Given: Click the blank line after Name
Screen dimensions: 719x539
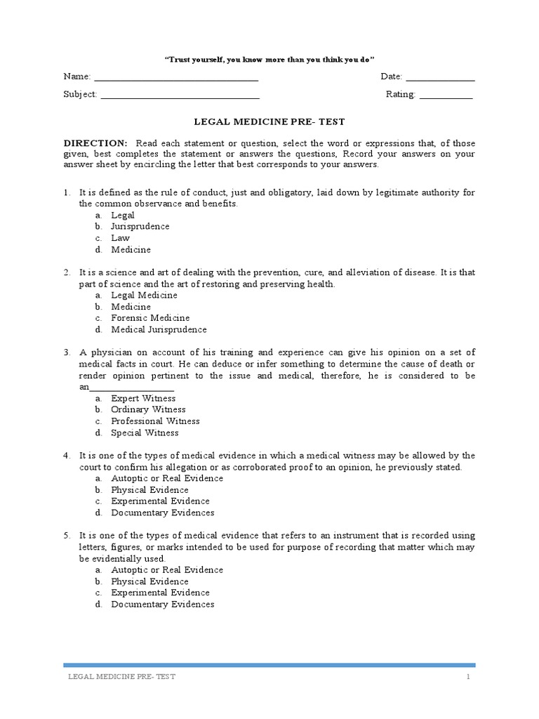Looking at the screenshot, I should point(176,77).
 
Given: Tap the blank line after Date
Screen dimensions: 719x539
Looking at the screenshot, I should point(440,77).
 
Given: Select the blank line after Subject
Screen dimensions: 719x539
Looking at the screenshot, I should point(180,95).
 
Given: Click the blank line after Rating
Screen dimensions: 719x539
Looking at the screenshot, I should point(446,95).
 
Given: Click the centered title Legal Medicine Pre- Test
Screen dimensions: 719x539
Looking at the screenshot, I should point(269,121).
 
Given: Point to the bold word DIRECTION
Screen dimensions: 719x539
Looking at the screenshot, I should point(95,143).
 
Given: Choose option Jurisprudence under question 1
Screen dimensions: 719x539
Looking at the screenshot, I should point(140,227).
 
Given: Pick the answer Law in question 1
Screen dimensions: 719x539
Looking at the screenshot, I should point(120,238).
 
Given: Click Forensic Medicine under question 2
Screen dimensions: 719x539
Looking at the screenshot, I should point(150,318).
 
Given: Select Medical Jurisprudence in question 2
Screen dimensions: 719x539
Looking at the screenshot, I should point(159,329).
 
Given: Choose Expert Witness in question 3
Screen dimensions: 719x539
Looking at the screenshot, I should point(143,398).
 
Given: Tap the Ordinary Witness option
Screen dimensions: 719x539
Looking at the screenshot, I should point(148,409).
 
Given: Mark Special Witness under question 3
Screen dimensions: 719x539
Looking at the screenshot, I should point(145,433).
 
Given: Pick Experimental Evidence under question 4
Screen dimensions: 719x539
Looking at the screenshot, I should point(160,501).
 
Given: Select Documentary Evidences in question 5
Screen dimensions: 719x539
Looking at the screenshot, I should point(163,605).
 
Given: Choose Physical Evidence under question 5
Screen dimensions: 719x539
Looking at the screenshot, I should point(149,581).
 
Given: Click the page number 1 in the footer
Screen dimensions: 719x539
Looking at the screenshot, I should point(467,677).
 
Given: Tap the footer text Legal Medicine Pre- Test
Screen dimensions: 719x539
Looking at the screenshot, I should point(121,677).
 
